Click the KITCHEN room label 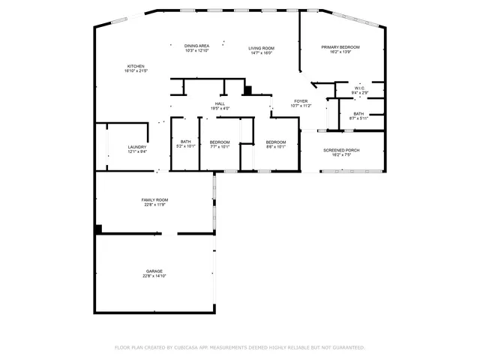(x=136, y=66)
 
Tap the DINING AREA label (x=196, y=46)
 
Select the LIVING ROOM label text (x=261, y=48)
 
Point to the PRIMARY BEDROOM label (x=341, y=47)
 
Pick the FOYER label (x=300, y=101)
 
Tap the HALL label (x=220, y=104)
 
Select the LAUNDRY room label (x=136, y=147)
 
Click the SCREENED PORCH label (x=341, y=150)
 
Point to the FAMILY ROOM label (x=154, y=199)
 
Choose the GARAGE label (x=154, y=271)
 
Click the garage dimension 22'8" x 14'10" (x=154, y=276)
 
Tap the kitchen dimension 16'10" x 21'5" (x=136, y=71)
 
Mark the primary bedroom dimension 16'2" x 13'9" (x=341, y=52)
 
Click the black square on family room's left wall (x=97, y=229)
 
